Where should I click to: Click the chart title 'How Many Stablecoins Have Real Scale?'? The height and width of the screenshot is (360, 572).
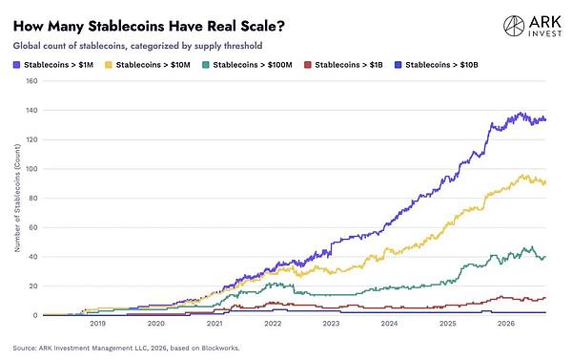click(149, 27)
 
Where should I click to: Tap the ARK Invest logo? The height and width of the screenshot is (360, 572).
click(532, 26)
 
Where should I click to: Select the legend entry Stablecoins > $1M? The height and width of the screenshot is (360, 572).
click(53, 65)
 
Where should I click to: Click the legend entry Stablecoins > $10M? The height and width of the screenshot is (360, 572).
click(148, 65)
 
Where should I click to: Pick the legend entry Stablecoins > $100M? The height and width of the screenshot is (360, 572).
click(247, 65)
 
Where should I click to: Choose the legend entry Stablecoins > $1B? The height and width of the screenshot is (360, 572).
click(343, 65)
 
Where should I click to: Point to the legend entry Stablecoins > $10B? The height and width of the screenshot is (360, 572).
click(437, 65)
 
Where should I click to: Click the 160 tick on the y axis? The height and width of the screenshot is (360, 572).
click(31, 81)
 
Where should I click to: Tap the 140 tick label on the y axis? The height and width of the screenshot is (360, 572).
click(31, 110)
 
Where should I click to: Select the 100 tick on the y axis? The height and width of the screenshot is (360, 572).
click(31, 169)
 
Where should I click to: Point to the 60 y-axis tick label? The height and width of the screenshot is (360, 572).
click(33, 227)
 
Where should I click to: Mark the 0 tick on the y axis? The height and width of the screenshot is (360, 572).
click(35, 315)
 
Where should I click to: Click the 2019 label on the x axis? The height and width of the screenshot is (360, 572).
click(98, 324)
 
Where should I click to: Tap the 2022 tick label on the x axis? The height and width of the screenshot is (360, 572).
click(273, 324)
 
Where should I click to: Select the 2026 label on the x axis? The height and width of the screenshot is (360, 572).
click(506, 324)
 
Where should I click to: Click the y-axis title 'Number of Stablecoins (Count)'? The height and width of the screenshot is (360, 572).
click(17, 198)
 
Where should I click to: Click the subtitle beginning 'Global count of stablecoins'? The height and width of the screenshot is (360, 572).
click(137, 46)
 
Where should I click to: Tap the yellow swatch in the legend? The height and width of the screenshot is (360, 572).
click(109, 65)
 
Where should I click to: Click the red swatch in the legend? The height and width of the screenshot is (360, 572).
click(307, 65)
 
